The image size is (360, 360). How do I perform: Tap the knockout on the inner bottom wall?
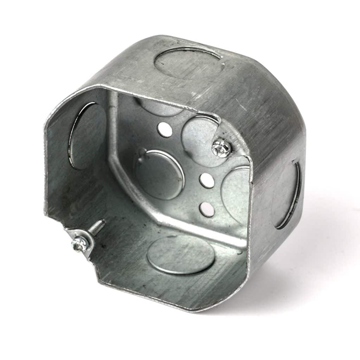point(180,255)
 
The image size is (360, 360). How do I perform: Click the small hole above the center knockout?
point(165,129)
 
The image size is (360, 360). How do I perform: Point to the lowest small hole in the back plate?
point(206,209)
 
